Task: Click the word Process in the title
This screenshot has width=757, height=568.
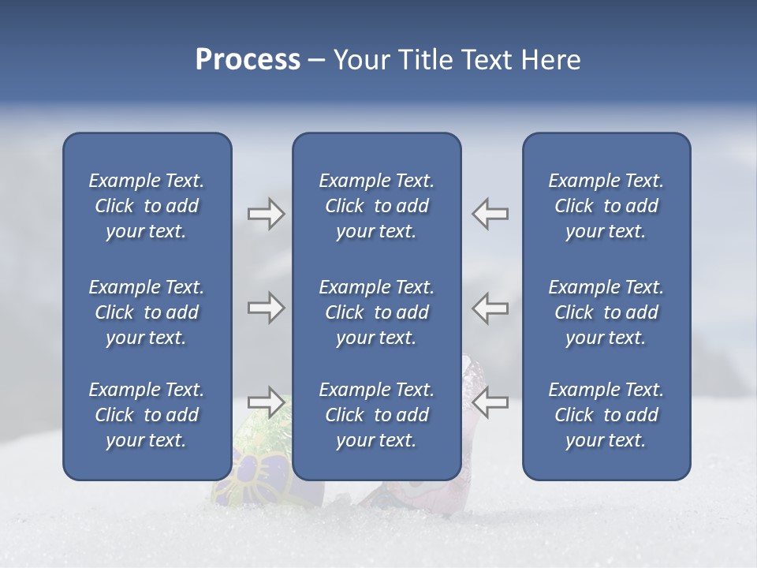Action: click(x=248, y=60)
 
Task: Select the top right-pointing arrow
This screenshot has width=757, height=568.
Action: click(x=266, y=214)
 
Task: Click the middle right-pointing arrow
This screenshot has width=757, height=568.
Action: click(x=266, y=308)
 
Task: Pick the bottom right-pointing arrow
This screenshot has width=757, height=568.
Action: click(x=266, y=402)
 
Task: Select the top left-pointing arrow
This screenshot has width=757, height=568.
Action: click(x=490, y=214)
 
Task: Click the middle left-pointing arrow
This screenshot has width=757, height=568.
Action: click(x=490, y=308)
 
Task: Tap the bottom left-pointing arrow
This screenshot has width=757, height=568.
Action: click(x=490, y=402)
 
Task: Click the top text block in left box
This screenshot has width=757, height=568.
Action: click(x=147, y=206)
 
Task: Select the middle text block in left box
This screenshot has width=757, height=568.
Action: click(x=147, y=312)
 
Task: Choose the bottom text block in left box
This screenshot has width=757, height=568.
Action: click(x=147, y=415)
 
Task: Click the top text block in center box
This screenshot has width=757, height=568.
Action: click(x=376, y=206)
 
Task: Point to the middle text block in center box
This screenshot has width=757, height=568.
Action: click(x=376, y=312)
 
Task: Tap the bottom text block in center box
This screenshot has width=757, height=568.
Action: click(x=376, y=415)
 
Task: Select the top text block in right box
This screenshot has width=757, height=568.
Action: click(x=606, y=206)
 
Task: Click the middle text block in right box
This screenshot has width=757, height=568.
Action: click(x=606, y=312)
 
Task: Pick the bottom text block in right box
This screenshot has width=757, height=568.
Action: click(x=606, y=415)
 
